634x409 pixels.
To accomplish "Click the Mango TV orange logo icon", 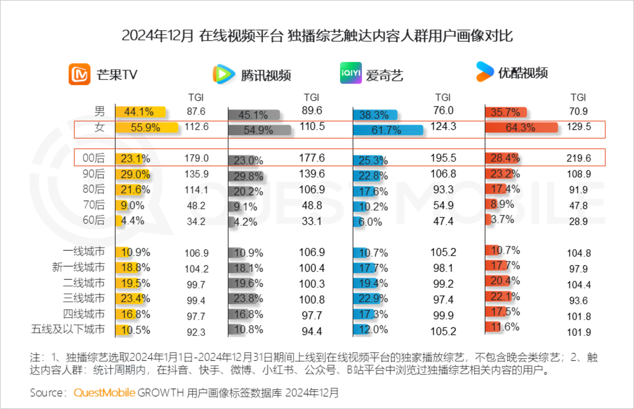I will tap(79, 74).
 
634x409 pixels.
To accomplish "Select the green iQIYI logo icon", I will tap(351, 73).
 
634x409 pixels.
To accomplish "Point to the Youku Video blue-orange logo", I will tap(485, 72).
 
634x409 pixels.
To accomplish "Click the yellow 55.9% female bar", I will tap(147, 128).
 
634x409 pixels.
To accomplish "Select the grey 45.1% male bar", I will tap(254, 115).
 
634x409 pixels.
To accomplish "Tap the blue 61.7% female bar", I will tap(388, 130).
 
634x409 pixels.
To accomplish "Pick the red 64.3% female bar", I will tap(521, 128).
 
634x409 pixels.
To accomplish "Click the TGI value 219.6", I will tap(579, 158).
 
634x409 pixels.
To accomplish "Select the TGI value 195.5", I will tap(443, 158).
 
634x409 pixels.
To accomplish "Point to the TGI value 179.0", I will tap(196, 158).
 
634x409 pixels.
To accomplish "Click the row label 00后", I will tap(94, 158).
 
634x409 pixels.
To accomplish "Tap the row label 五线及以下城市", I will tap(68, 329).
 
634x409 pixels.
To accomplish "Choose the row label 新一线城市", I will tap(78, 267).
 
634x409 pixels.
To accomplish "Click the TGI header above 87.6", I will tap(196, 98).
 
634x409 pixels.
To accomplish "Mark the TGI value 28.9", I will tap(578, 222).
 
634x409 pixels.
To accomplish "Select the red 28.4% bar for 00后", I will tap(502, 158).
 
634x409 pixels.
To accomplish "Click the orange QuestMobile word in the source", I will tap(104, 393).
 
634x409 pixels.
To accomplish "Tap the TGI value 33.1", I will tap(311, 221).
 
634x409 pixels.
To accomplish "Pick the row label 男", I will tap(100, 111).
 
